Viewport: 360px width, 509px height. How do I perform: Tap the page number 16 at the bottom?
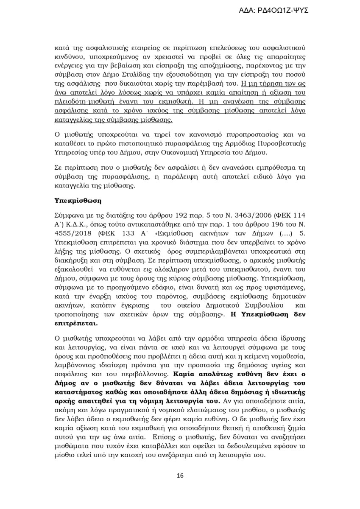pos(180,475)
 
